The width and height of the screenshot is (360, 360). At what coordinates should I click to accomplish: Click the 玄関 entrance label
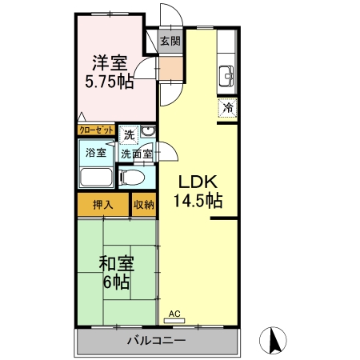pyautogui.click(x=170, y=42)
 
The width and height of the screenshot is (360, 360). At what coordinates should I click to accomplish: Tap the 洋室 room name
pyautogui.click(x=110, y=63)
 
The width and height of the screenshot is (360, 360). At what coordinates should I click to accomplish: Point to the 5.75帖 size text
pyautogui.click(x=110, y=82)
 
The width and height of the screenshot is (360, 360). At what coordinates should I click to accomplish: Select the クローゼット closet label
pyautogui.click(x=96, y=130)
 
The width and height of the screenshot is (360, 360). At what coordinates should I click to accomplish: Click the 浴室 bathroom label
pyautogui.click(x=96, y=153)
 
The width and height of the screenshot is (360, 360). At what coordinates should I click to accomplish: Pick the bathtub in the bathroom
pyautogui.click(x=96, y=177)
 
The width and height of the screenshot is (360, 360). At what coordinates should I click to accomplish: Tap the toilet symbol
pyautogui.click(x=132, y=178)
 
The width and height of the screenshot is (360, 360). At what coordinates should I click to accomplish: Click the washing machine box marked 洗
pyautogui.click(x=129, y=135)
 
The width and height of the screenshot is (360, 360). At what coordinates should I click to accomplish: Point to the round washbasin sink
pyautogui.click(x=148, y=131)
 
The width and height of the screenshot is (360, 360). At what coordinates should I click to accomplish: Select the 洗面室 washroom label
pyautogui.click(x=137, y=154)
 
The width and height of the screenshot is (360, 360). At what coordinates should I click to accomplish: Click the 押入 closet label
pyautogui.click(x=103, y=205)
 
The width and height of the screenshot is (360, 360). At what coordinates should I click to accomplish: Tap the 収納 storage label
pyautogui.click(x=144, y=205)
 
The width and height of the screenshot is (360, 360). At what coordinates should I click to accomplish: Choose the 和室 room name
pyautogui.click(x=117, y=263)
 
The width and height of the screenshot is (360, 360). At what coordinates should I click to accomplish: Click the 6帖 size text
pyautogui.click(x=117, y=282)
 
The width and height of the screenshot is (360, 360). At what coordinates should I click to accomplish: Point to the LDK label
pyautogui.click(x=198, y=182)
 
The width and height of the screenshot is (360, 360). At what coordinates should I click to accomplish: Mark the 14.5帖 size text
pyautogui.click(x=198, y=201)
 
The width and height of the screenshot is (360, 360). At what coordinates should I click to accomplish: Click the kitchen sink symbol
pyautogui.click(x=226, y=77)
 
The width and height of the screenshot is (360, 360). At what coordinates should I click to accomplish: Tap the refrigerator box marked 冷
pyautogui.click(x=227, y=108)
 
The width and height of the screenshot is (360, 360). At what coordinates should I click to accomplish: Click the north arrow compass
pyautogui.click(x=273, y=340)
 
